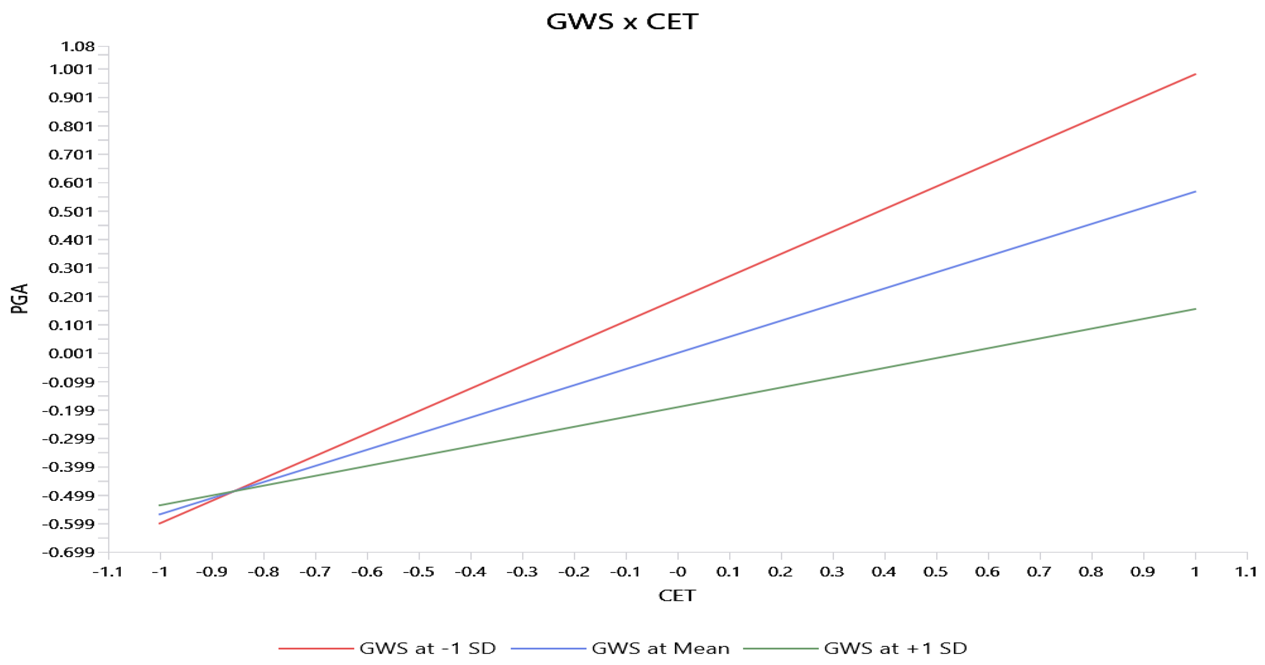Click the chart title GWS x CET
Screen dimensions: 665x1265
click(x=622, y=22)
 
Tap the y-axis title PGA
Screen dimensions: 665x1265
click(x=20, y=298)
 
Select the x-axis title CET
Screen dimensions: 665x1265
click(x=677, y=595)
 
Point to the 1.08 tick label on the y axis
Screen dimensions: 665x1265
click(x=77, y=47)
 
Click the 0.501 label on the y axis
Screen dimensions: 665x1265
click(x=71, y=212)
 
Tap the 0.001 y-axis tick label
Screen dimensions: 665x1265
click(x=71, y=353)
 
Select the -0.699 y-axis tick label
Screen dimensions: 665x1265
click(x=68, y=552)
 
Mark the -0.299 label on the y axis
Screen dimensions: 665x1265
click(x=68, y=439)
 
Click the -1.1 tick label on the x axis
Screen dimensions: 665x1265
click(x=108, y=572)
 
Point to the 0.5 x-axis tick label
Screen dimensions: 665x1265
click(x=935, y=572)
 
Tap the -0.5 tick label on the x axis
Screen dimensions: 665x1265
click(x=419, y=572)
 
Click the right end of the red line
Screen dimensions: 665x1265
click(x=1195, y=74)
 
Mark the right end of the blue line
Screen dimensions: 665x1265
click(x=1195, y=191)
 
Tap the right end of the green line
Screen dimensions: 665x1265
click(x=1195, y=309)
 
